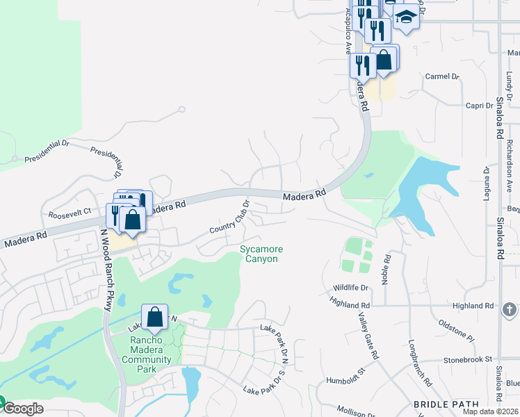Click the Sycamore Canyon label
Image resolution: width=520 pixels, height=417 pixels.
tap(259, 254)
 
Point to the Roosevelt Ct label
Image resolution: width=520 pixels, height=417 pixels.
tap(67, 211)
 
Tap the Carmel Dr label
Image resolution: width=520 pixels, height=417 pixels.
tap(443, 76)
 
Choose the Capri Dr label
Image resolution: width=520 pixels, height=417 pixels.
tap(479, 106)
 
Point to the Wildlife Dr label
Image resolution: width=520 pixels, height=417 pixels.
tap(350, 287)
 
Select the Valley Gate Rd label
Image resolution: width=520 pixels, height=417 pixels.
tap(368, 335)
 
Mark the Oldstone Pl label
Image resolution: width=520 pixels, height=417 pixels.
tap(456, 329)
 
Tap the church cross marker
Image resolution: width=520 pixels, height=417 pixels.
tap(510, 310)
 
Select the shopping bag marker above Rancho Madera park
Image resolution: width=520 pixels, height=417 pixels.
tap(155, 318)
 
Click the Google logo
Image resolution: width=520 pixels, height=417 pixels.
tap(22, 408)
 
